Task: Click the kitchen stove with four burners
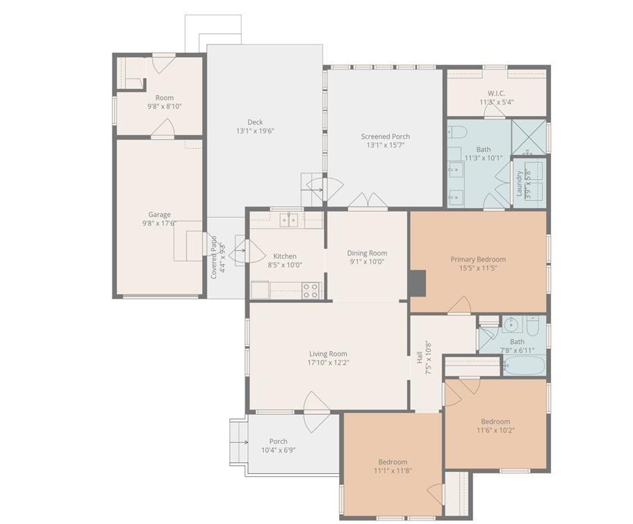(311, 290)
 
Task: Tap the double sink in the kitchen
(288, 220)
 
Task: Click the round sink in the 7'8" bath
(513, 325)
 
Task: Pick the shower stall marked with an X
(529, 137)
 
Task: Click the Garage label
(159, 215)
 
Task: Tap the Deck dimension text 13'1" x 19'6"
(256, 131)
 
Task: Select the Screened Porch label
(385, 136)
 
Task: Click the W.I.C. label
(496, 93)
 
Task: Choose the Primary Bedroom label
(478, 259)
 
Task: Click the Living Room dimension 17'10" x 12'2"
(329, 363)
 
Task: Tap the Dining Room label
(367, 253)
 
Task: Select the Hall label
(420, 357)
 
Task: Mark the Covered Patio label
(214, 257)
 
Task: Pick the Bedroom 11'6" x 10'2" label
(495, 421)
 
